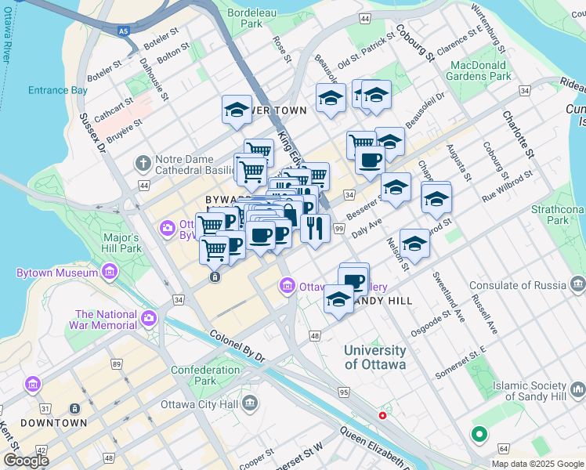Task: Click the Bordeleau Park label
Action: tap(251, 18)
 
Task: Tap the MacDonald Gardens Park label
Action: tap(479, 70)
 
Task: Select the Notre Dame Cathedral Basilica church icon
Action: tap(143, 164)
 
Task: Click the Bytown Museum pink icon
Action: tap(109, 273)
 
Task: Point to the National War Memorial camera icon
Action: tap(149, 319)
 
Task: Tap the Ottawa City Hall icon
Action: tap(250, 404)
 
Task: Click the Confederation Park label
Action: tap(205, 375)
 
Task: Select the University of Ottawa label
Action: tap(375, 357)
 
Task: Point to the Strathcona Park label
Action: tap(558, 215)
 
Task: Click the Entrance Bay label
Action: tap(58, 90)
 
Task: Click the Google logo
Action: tap(26, 461)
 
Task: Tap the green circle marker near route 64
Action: tap(478, 433)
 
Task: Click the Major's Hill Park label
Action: tap(121, 243)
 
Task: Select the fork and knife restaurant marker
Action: tap(315, 228)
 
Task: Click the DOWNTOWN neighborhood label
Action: tap(54, 423)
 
